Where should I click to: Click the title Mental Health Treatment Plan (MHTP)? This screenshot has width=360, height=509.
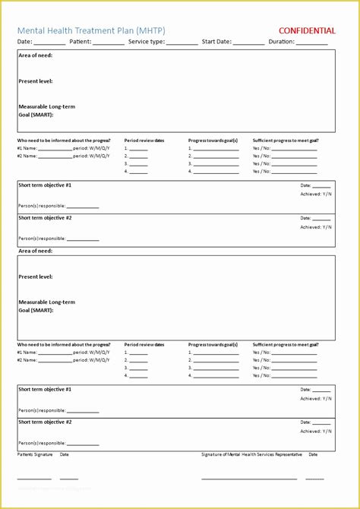(x=92, y=30)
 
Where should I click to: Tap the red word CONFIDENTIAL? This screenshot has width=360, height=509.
(x=308, y=31)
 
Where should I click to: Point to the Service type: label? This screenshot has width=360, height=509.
(x=147, y=42)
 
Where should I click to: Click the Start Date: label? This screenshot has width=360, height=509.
(x=217, y=42)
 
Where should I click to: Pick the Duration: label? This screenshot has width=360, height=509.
(x=282, y=42)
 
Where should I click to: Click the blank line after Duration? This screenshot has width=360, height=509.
(x=312, y=44)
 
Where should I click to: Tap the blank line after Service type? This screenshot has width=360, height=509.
(x=182, y=44)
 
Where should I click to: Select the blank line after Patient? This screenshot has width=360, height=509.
(x=108, y=44)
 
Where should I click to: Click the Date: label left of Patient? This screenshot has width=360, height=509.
(x=25, y=42)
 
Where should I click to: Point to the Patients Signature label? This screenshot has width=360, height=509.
(x=36, y=454)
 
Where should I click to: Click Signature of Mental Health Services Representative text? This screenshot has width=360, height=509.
(x=251, y=454)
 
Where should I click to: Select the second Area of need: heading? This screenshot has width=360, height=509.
(x=36, y=251)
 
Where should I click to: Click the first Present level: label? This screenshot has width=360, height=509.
(x=36, y=81)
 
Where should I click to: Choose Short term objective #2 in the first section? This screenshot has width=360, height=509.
(x=46, y=218)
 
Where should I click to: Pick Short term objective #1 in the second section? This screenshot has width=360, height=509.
(x=46, y=389)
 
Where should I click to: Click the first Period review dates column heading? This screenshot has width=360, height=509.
(x=144, y=141)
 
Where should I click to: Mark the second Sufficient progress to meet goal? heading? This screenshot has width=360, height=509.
(x=286, y=345)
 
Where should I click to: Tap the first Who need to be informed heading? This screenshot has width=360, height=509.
(x=64, y=141)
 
